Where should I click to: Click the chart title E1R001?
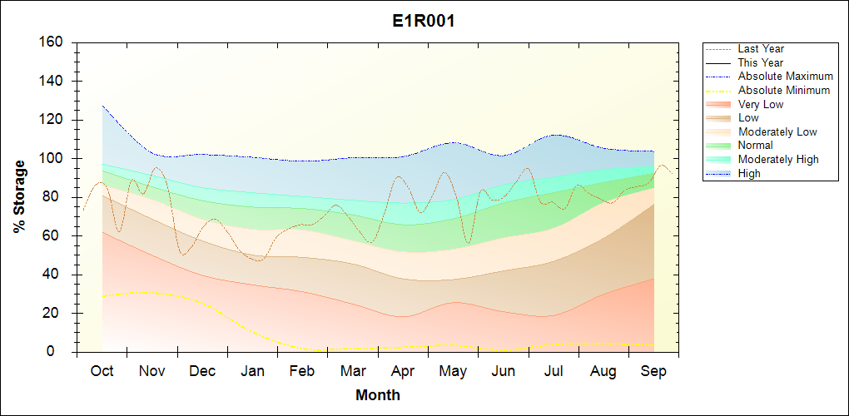click(x=424, y=22)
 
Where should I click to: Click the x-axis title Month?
click(x=378, y=395)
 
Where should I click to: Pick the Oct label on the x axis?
click(x=102, y=371)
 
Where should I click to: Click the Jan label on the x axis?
click(x=252, y=371)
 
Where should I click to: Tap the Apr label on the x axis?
click(x=403, y=371)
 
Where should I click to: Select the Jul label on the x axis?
click(x=554, y=371)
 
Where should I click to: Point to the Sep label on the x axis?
click(x=653, y=371)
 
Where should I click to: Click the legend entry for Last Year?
click(x=761, y=49)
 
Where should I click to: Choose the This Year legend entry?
click(x=761, y=62)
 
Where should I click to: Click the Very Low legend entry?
click(x=761, y=104)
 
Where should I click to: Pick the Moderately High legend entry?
click(x=778, y=159)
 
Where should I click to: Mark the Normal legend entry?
click(x=755, y=146)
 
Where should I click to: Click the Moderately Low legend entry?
click(x=777, y=131)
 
